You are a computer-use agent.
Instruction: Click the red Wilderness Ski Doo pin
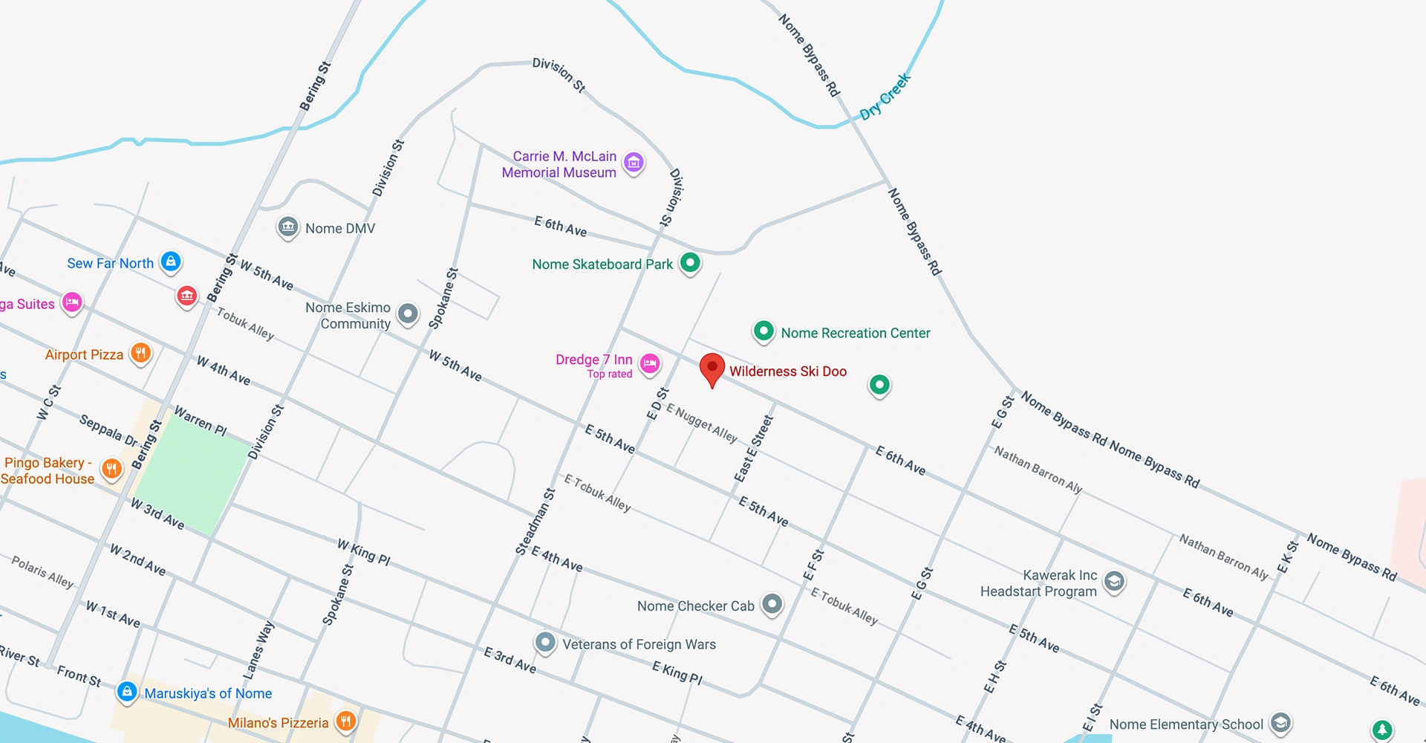coord(712,368)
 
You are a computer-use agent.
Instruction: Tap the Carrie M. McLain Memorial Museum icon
coord(634,162)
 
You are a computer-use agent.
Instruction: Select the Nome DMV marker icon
coord(288,227)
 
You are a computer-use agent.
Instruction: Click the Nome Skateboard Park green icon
coord(690,262)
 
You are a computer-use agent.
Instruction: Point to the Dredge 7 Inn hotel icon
coord(650,363)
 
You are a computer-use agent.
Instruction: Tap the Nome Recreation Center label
coord(855,333)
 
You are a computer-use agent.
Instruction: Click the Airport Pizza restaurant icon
coord(140,353)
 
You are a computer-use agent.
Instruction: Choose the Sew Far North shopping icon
coord(171,261)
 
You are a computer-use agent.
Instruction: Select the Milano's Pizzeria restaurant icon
coord(345,720)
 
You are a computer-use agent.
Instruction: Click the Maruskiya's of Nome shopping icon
coord(127,692)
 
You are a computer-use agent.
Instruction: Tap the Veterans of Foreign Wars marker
coord(545,642)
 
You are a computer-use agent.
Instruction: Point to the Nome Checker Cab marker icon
coord(772,604)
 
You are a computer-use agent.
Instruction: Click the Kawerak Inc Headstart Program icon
coord(1114,581)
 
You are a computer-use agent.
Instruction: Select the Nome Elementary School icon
coord(1280,722)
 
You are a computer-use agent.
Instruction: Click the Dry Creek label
coord(885,97)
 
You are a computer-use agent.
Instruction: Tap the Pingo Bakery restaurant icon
coord(111,469)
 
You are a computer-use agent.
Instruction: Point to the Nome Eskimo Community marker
coord(408,314)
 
